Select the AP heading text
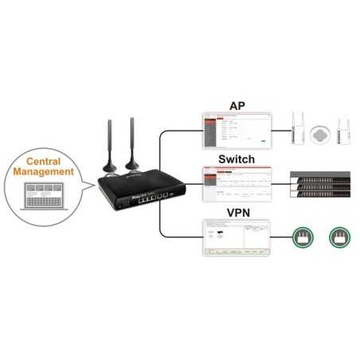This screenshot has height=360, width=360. point(237,106)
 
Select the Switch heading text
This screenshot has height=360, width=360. point(237,160)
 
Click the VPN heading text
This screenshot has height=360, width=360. point(237,213)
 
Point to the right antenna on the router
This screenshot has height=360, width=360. point(133,143)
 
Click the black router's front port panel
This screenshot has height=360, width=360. point(147,197)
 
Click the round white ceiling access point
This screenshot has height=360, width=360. point(319,131)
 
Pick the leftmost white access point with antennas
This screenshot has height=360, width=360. point(297,130)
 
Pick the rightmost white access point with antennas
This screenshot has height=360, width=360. point(342,130)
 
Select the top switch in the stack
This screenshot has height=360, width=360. point(318,176)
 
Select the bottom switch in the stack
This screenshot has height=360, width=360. point(318,194)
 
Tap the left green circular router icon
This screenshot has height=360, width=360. point(301,237)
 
